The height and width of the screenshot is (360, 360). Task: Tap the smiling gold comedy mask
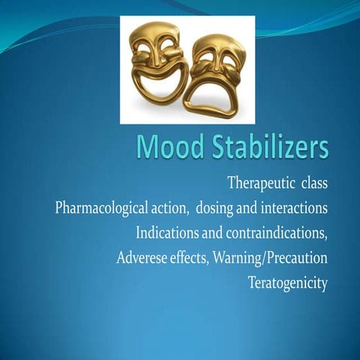tap(157, 63)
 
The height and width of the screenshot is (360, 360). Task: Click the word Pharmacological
tap(106, 208)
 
